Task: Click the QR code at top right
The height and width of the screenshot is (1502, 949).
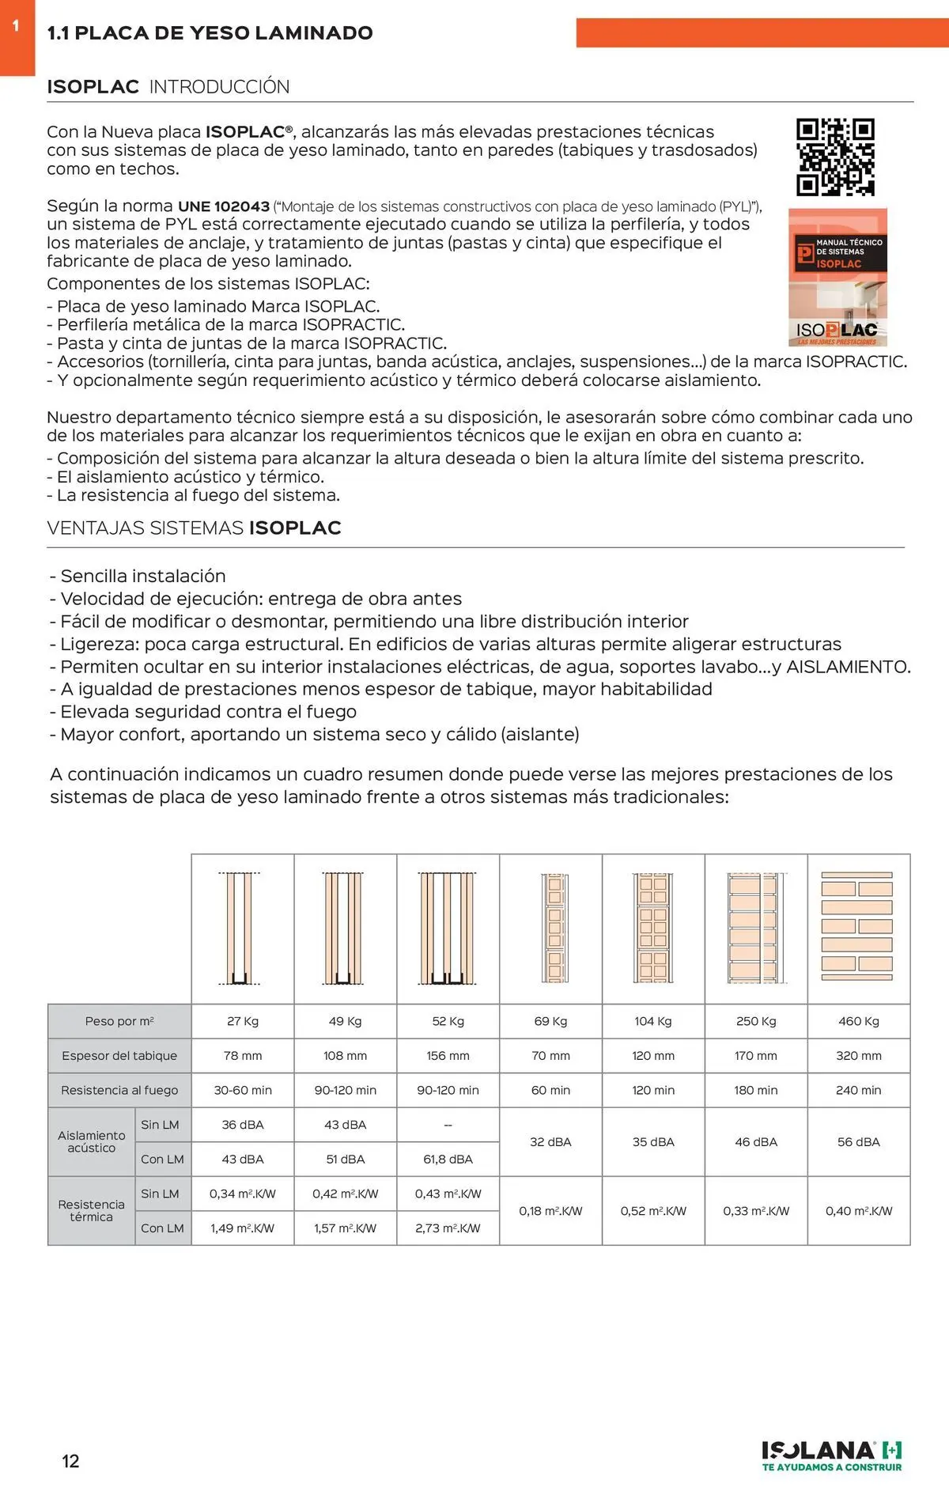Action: pos(835,157)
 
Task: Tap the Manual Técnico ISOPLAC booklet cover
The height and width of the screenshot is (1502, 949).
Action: pos(837,277)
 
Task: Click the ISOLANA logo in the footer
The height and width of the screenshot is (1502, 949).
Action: pos(831,1455)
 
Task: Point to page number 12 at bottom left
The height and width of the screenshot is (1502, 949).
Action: pos(70,1461)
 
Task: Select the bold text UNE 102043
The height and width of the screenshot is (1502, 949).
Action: pos(224,206)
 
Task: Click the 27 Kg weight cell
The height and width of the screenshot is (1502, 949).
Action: pos(243,1021)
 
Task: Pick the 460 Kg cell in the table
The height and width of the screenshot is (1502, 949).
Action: pos(858,1021)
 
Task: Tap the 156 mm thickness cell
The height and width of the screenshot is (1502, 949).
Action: pos(448,1056)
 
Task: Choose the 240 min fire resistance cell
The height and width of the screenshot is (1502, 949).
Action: pos(858,1090)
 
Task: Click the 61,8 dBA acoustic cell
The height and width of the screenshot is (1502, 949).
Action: pos(448,1160)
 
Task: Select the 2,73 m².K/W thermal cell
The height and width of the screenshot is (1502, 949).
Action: pos(448,1228)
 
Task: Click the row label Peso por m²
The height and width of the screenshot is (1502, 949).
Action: pos(119,1021)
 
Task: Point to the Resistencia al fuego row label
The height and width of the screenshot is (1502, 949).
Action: pos(119,1090)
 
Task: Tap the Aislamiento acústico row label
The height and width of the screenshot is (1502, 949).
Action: pos(91,1141)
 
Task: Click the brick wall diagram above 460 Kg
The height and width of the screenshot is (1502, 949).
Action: pos(857,926)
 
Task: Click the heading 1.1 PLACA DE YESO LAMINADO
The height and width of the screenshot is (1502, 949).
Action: pos(210,33)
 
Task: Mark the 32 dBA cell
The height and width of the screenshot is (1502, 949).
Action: pos(550,1142)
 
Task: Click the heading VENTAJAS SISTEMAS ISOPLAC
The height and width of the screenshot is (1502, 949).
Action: pos(194,528)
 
